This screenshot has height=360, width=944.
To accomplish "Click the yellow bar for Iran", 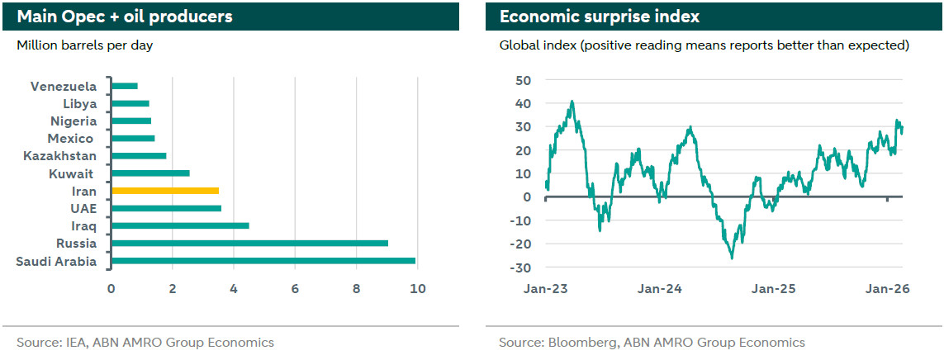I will coord(165,191).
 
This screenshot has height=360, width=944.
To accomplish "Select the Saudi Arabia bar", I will coord(263,261).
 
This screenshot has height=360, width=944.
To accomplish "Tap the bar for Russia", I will coord(249,244).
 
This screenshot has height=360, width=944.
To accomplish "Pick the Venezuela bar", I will coord(124,86).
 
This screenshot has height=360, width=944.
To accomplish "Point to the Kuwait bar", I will coord(150,173).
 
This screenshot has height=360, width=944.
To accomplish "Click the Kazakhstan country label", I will coord(60,156).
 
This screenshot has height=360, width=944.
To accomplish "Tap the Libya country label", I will coord(80,104).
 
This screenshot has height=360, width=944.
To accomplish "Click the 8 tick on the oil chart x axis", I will coord(357,289).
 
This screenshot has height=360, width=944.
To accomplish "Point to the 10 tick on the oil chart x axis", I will coord(418,289).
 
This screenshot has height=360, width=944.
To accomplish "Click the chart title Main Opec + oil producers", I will coord(125,17).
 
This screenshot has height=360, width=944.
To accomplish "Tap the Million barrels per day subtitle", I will coord(85,45).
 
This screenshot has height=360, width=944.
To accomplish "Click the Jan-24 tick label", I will coord(660,289).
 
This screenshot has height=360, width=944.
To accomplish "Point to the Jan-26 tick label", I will coord(888,289).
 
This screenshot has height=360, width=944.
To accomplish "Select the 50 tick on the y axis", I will coord(522,80).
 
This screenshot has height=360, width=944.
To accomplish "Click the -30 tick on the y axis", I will coord(519,268).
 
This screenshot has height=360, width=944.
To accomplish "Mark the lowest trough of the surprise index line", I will coord(732,258).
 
